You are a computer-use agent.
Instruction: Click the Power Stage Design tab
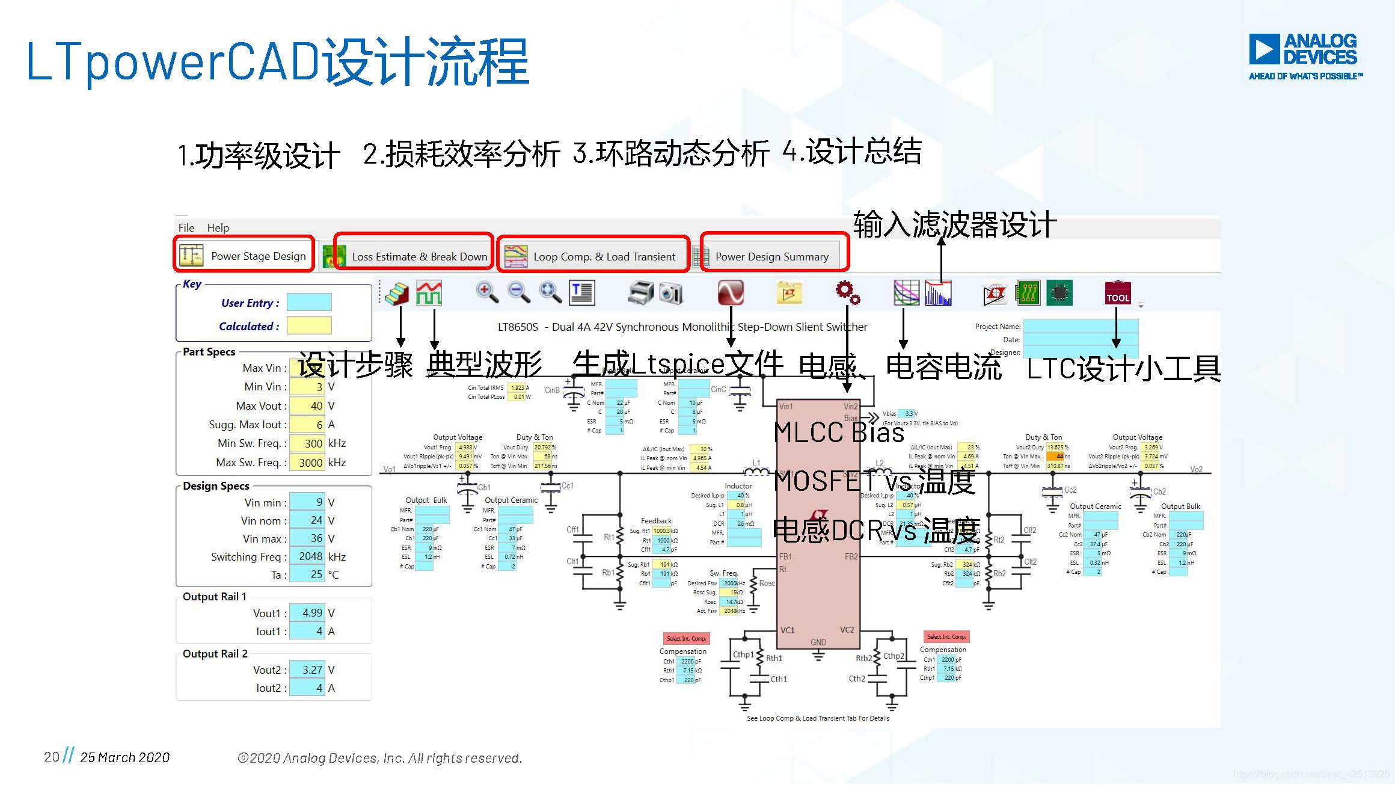click(245, 256)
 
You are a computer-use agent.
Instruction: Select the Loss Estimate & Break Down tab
click(413, 257)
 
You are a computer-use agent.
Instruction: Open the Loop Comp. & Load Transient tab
click(593, 257)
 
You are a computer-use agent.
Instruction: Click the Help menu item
click(218, 228)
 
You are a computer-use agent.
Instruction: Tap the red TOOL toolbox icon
click(1118, 293)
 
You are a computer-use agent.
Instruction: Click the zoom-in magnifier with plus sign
click(487, 292)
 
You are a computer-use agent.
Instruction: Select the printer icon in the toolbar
click(641, 293)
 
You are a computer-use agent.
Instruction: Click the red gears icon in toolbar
click(847, 292)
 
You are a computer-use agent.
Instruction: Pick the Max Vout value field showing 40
click(307, 406)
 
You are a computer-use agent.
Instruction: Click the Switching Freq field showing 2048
click(307, 556)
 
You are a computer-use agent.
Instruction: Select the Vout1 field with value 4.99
click(307, 613)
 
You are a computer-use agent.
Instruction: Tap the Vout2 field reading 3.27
click(307, 670)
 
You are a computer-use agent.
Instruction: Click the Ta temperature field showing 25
click(307, 574)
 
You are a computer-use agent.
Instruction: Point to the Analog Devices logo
click(1305, 56)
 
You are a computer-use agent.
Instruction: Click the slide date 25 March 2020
click(125, 757)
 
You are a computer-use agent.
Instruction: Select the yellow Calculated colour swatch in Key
click(309, 326)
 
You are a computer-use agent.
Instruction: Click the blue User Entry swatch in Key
click(309, 303)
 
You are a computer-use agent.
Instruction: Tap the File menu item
click(186, 228)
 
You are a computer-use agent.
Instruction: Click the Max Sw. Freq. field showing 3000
click(307, 463)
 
